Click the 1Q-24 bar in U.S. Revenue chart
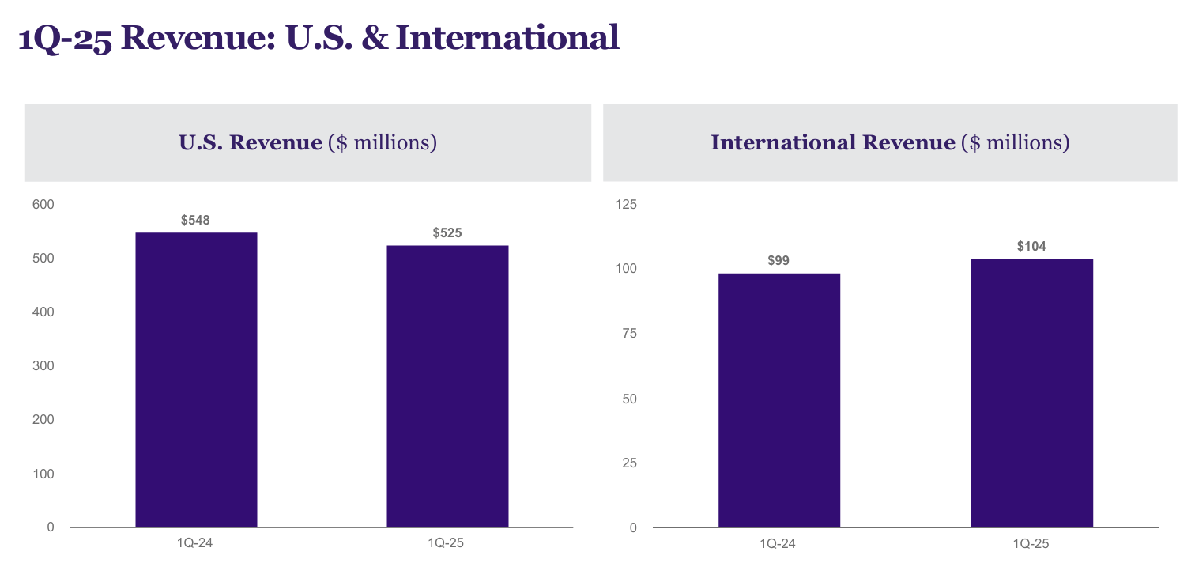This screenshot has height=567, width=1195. pos(196,380)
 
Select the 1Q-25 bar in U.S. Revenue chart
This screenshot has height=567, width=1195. pos(447,386)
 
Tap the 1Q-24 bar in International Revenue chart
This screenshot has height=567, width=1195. pos(778,400)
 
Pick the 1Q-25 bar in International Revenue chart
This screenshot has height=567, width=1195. pos(1031,393)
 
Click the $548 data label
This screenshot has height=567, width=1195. pos(195,220)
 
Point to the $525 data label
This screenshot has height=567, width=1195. pos(447,233)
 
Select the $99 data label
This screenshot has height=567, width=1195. pos(778,260)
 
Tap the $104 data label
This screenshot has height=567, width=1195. pos(1031,247)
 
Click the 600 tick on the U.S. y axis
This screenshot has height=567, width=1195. pos(43,205)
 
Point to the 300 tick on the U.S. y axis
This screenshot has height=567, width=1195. pos(43,366)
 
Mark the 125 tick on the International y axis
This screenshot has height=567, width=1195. pos(626,205)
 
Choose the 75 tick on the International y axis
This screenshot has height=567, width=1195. pos(629,334)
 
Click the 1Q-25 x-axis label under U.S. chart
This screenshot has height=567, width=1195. pos(447,543)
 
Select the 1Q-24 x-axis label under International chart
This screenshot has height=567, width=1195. pos(778,543)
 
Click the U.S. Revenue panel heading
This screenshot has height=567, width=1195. pos(307,143)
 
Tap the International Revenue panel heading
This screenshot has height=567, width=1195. pos(890,143)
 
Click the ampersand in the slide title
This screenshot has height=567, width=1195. pos(376,38)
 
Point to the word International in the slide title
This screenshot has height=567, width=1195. pos(507,38)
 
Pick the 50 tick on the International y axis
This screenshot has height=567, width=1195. pos(629,399)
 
